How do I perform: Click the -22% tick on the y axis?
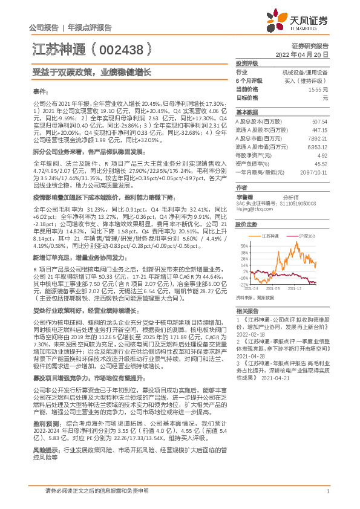tap(243, 284)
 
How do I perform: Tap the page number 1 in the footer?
tap(327, 491)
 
